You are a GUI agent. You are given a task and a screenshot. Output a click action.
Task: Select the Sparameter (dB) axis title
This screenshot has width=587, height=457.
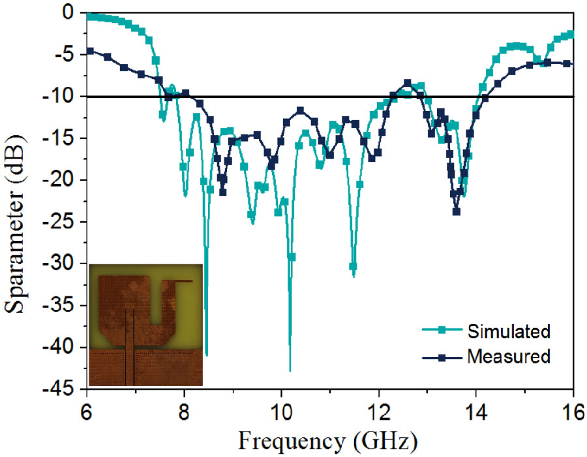[18, 199]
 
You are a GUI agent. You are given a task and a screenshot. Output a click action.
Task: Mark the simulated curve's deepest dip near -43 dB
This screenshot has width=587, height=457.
[290, 370]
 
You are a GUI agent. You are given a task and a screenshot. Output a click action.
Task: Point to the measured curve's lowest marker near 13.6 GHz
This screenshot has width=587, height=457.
[457, 212]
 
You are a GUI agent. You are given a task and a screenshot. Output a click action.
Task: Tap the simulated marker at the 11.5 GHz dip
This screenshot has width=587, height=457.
[353, 267]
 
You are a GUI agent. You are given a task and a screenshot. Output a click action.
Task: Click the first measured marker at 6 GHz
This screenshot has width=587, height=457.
[90, 51]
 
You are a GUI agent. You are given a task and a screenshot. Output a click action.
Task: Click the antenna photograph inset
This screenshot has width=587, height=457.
[145, 324]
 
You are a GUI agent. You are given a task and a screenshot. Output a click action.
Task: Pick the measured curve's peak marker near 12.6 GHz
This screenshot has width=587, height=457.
[408, 83]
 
